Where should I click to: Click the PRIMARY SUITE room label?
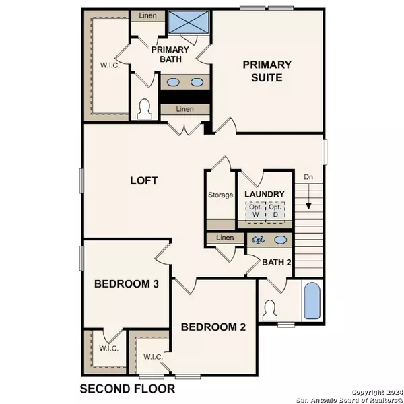[267, 71]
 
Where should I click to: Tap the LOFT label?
[144, 180]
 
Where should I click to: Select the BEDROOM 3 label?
[127, 284]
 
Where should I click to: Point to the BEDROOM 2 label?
[213, 328]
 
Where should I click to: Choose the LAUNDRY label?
[265, 195]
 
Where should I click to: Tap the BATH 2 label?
[276, 261]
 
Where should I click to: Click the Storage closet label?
[220, 195]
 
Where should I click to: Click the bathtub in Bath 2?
[312, 300]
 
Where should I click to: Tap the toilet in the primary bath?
[143, 107]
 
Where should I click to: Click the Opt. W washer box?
[255, 211]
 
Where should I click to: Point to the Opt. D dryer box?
[274, 211]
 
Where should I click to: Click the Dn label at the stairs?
[308, 178]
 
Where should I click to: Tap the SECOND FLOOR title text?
[127, 389]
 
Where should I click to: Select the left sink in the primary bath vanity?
[173, 82]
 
